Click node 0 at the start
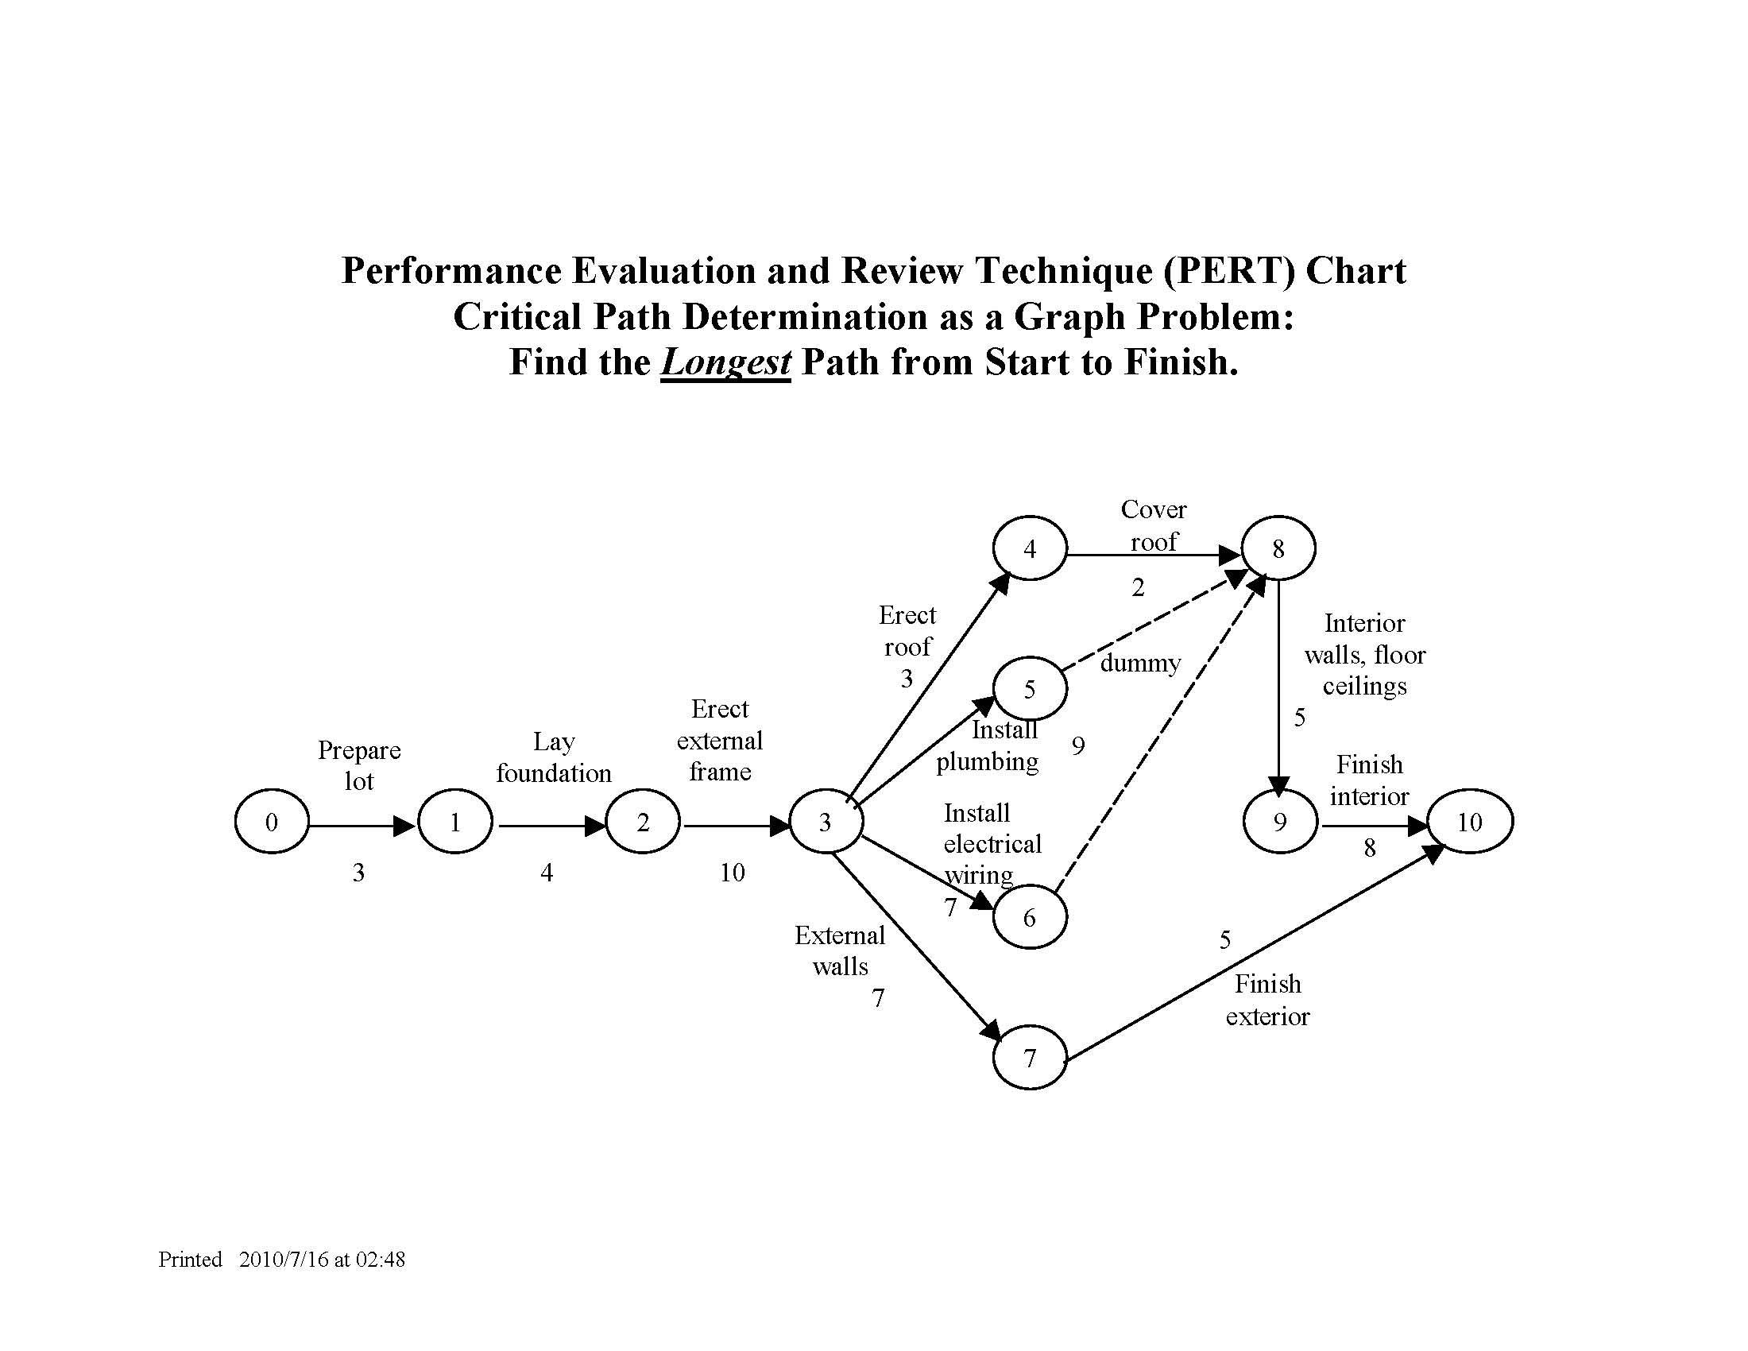click(271, 822)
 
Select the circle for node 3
click(826, 822)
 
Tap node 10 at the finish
click(1469, 822)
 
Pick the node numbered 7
click(1029, 1058)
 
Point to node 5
click(1029, 688)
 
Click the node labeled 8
click(1278, 548)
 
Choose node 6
click(1029, 917)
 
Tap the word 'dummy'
click(1139, 663)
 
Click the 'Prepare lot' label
click(359, 765)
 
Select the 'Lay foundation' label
click(553, 757)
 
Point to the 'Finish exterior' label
click(1267, 1001)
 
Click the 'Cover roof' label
click(1154, 525)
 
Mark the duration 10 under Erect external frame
click(732, 873)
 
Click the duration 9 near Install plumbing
click(1078, 746)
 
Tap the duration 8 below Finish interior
click(1370, 849)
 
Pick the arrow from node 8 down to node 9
click(1278, 680)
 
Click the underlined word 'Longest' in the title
click(725, 362)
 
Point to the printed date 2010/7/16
click(284, 1260)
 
